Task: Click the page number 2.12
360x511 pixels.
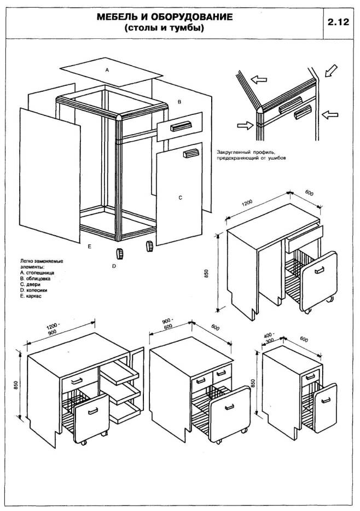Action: (339, 24)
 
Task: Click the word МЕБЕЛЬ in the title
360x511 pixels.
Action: (120, 18)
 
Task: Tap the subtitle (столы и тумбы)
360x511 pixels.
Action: (164, 28)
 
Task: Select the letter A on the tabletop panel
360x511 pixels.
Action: (107, 71)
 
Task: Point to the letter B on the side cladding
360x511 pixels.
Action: (179, 102)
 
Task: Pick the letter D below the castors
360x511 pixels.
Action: (114, 266)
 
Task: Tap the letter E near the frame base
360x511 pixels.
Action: (88, 246)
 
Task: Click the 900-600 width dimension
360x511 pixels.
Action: (167, 323)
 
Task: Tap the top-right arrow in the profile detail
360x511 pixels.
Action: (331, 71)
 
